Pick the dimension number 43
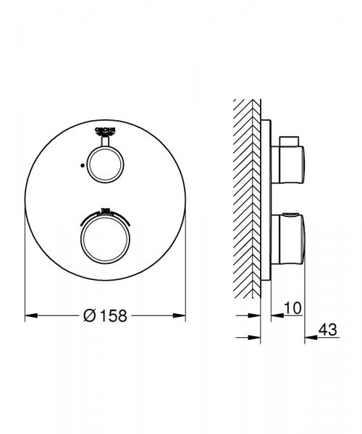pyautogui.click(x=329, y=330)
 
